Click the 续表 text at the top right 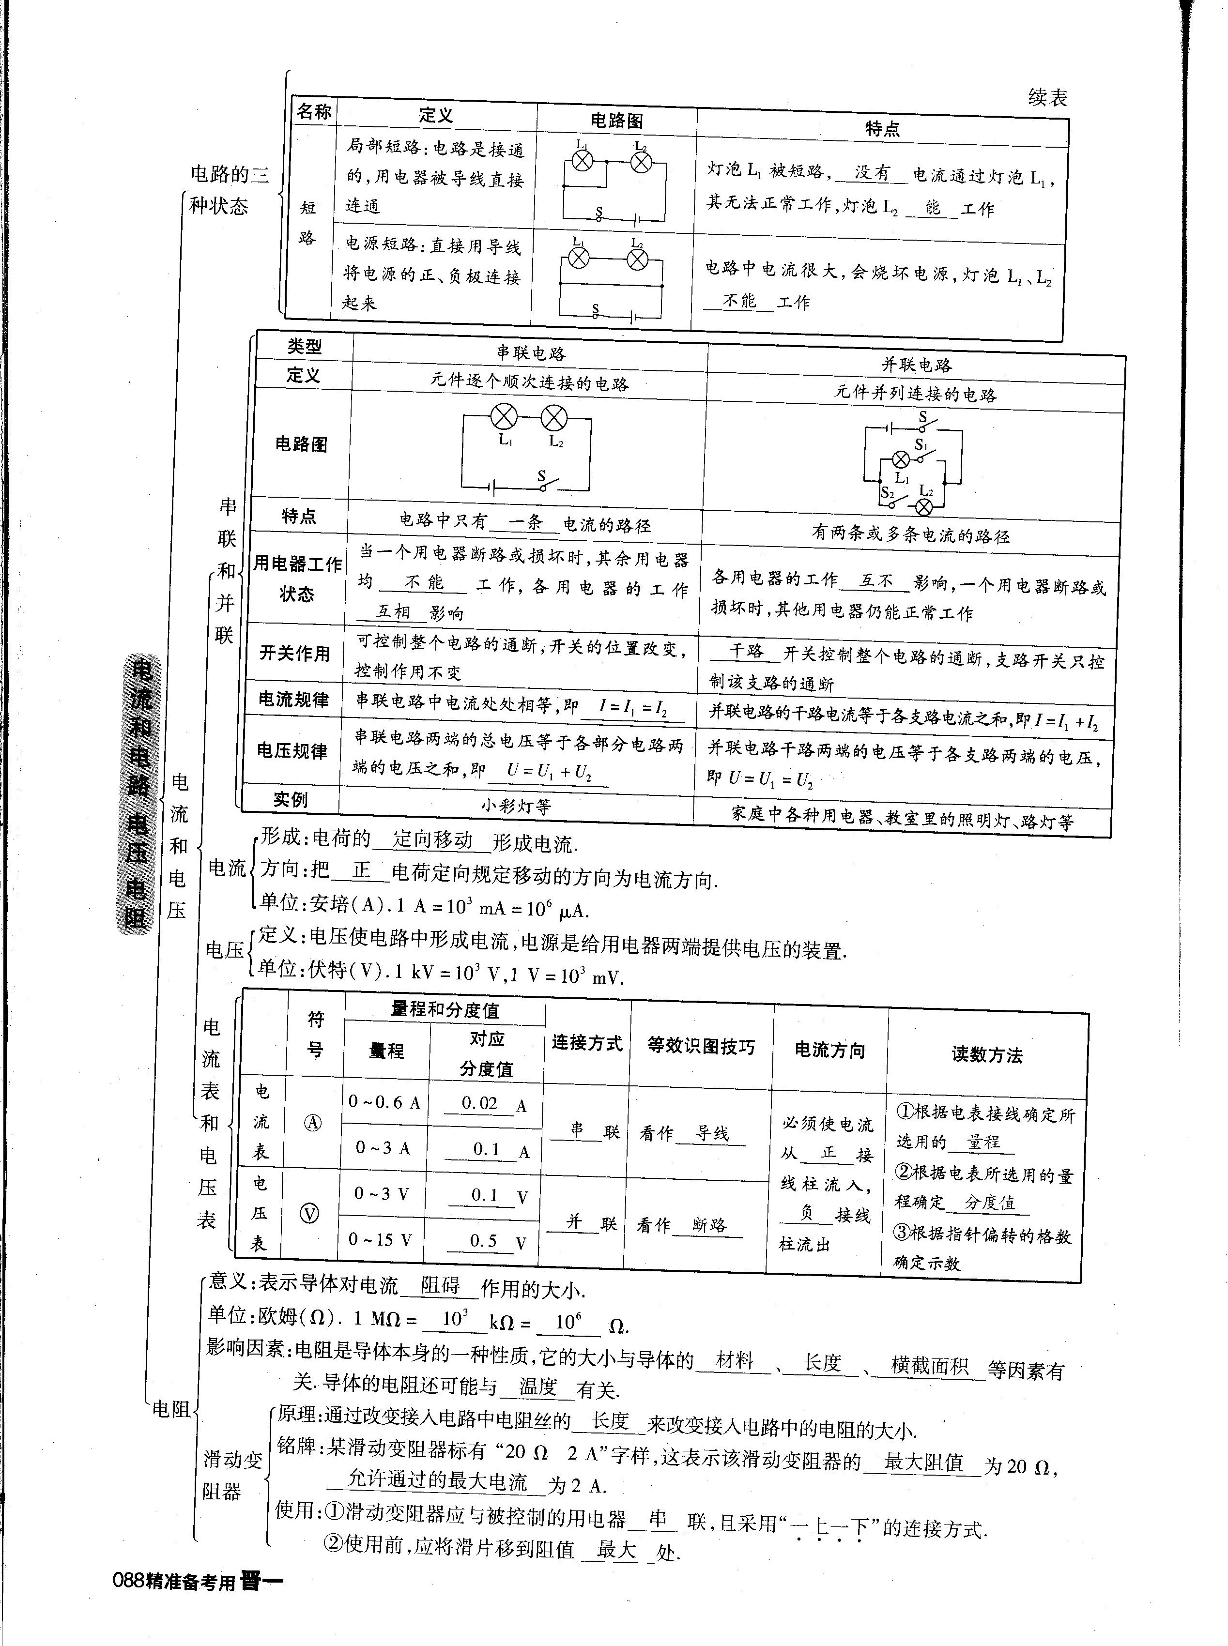[1047, 97]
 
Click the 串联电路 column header [531, 352]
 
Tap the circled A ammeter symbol [313, 1123]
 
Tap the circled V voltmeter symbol [309, 1214]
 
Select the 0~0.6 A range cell [384, 1102]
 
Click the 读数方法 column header [986, 1054]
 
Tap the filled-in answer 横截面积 [929, 1366]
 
